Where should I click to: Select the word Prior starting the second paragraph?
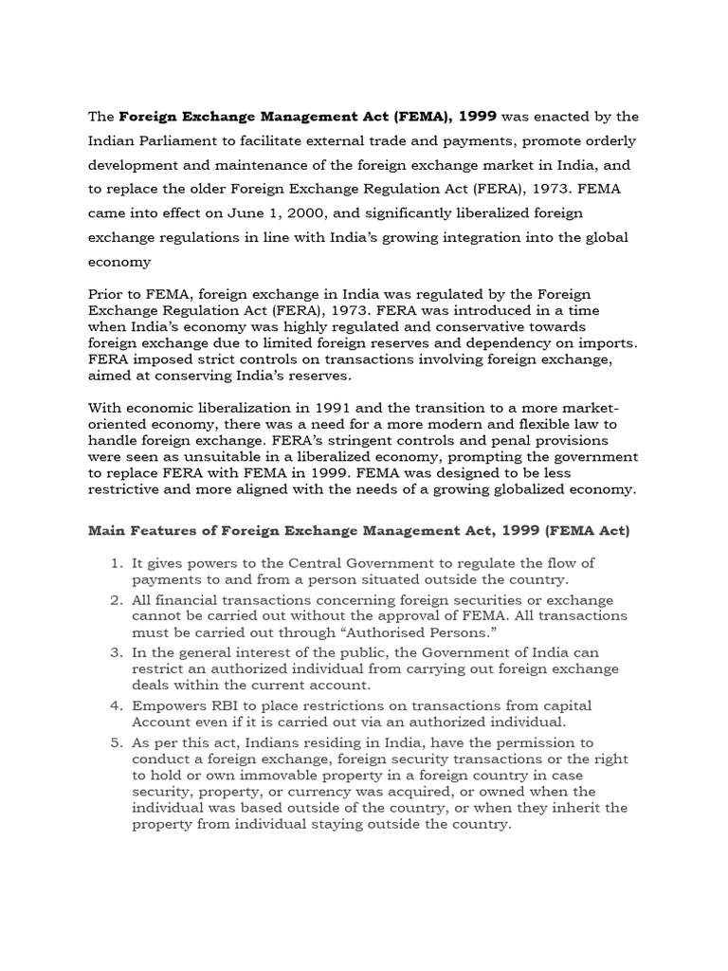(x=107, y=294)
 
